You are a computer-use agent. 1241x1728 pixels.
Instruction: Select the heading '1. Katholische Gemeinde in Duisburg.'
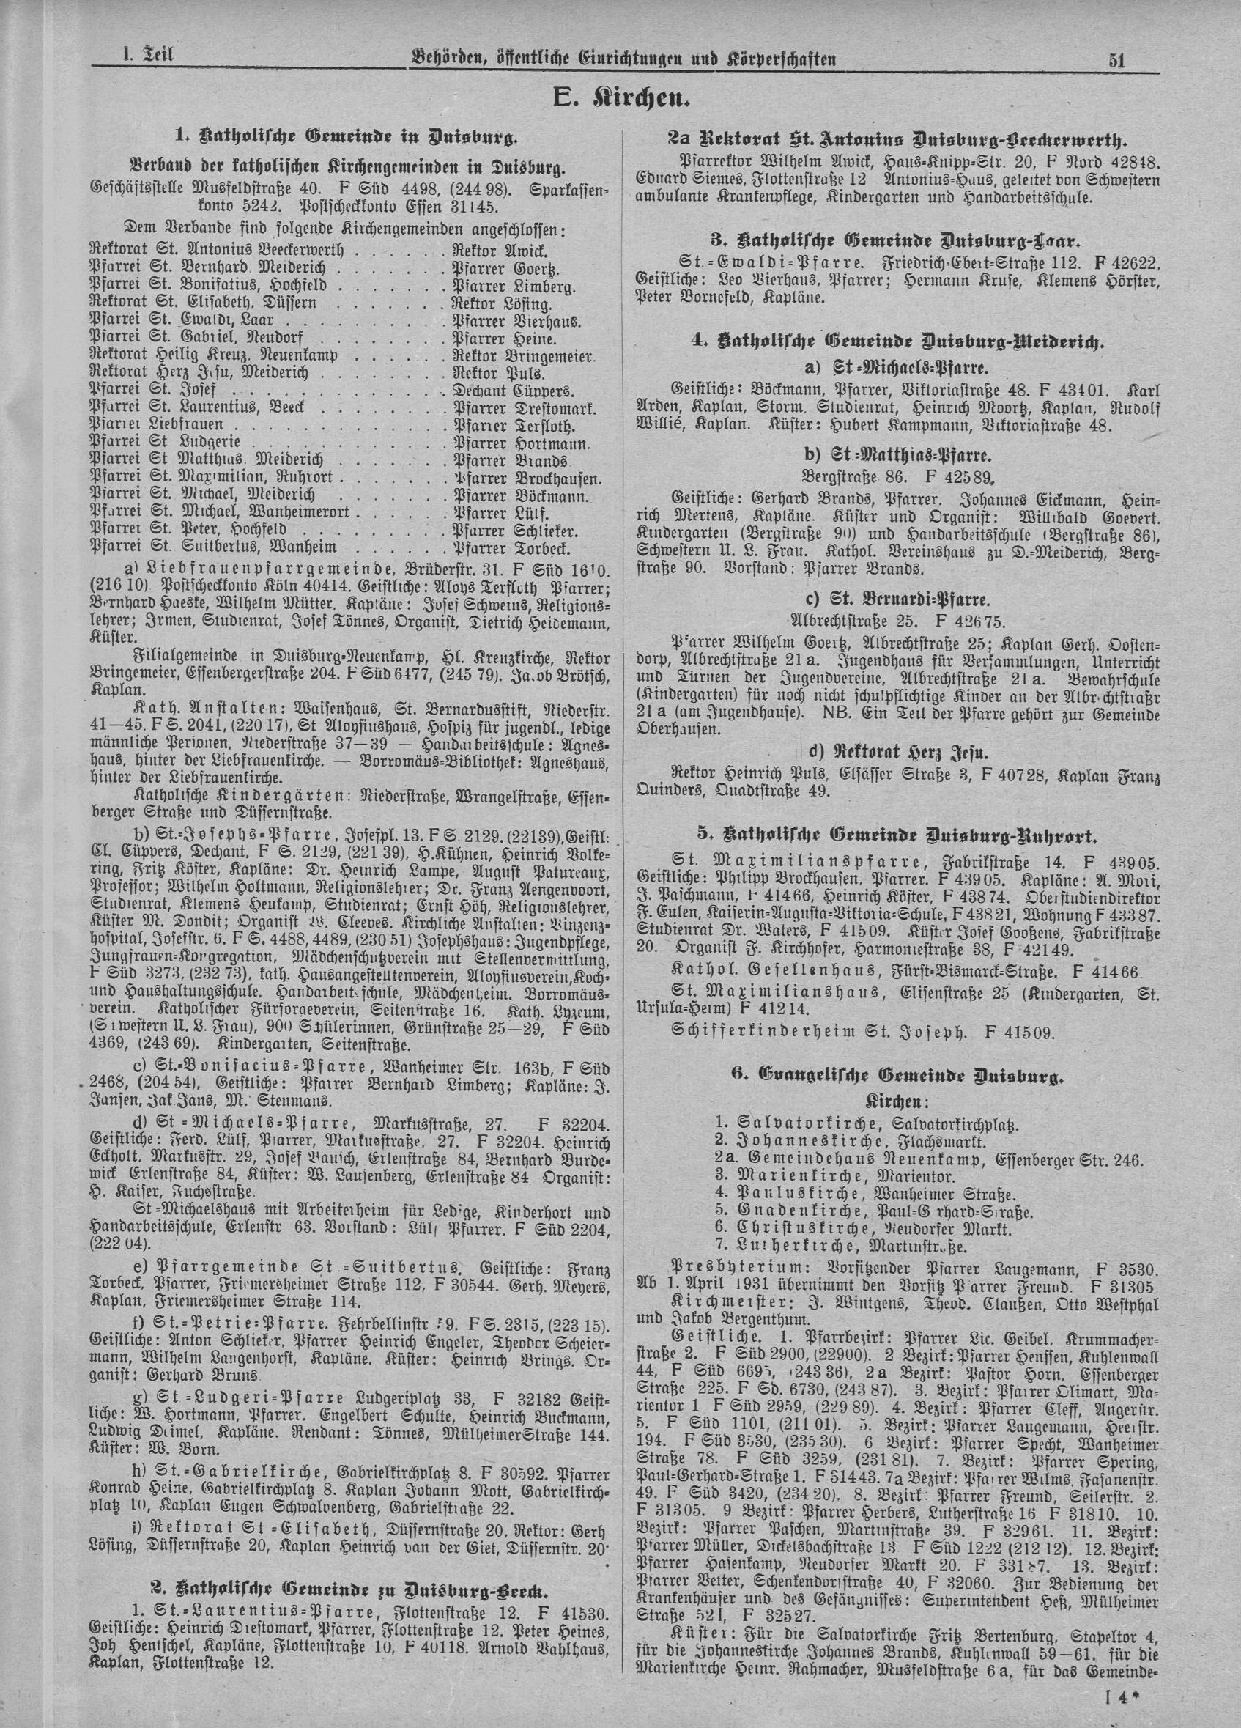click(347, 138)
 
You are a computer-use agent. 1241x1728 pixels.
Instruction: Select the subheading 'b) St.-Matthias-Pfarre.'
click(894, 457)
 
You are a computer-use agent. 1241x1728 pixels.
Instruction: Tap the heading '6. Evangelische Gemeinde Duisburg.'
click(896, 1075)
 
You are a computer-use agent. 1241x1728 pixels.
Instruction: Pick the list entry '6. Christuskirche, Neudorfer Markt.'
click(863, 1228)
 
